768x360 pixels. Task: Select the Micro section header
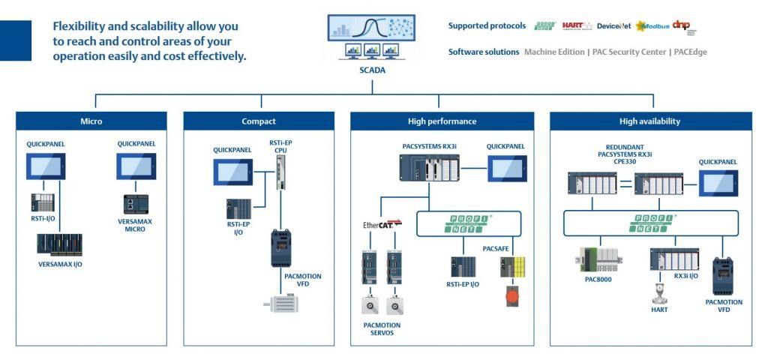pyautogui.click(x=91, y=121)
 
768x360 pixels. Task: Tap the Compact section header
pyautogui.click(x=259, y=121)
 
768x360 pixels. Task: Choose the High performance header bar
pyautogui.click(x=442, y=121)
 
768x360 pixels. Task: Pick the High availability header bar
pyautogui.click(x=650, y=121)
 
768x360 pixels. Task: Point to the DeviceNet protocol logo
pyautogui.click(x=614, y=26)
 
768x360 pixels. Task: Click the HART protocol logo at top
pyautogui.click(x=577, y=26)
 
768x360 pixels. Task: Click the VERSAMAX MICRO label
pyautogui.click(x=136, y=224)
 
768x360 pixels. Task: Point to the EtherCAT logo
pyautogui.click(x=381, y=223)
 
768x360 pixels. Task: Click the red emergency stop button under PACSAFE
pyautogui.click(x=512, y=295)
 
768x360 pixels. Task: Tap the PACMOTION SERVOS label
pyautogui.click(x=382, y=328)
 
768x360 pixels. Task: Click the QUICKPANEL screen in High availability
pyautogui.click(x=718, y=183)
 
